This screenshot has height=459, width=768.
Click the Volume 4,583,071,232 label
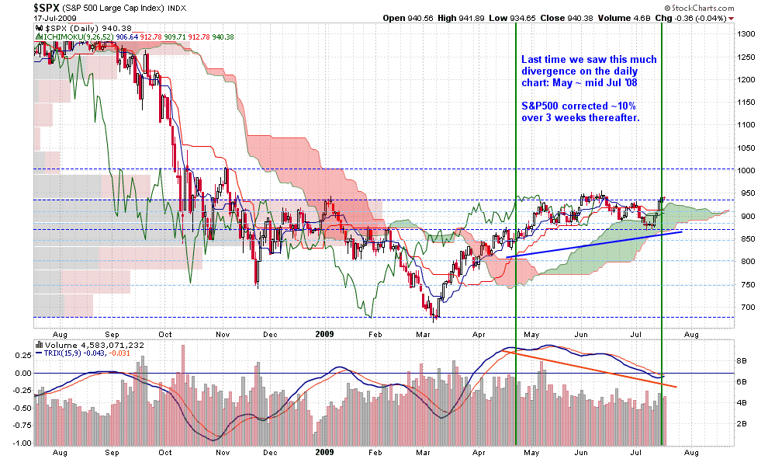click(x=91, y=344)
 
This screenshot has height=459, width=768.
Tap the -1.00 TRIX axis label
click(x=22, y=443)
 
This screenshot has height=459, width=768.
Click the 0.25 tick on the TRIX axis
click(x=23, y=354)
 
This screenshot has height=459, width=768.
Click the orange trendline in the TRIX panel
click(x=590, y=369)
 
